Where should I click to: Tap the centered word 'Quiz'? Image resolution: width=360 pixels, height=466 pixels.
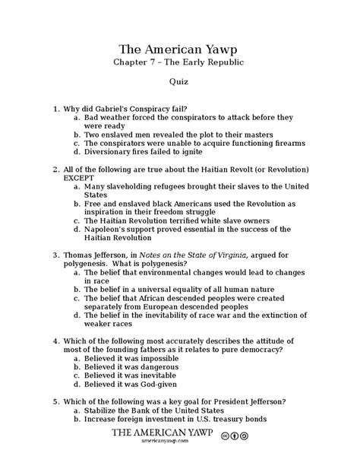[180, 81]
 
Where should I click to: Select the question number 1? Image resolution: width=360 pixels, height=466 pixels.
[55, 108]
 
